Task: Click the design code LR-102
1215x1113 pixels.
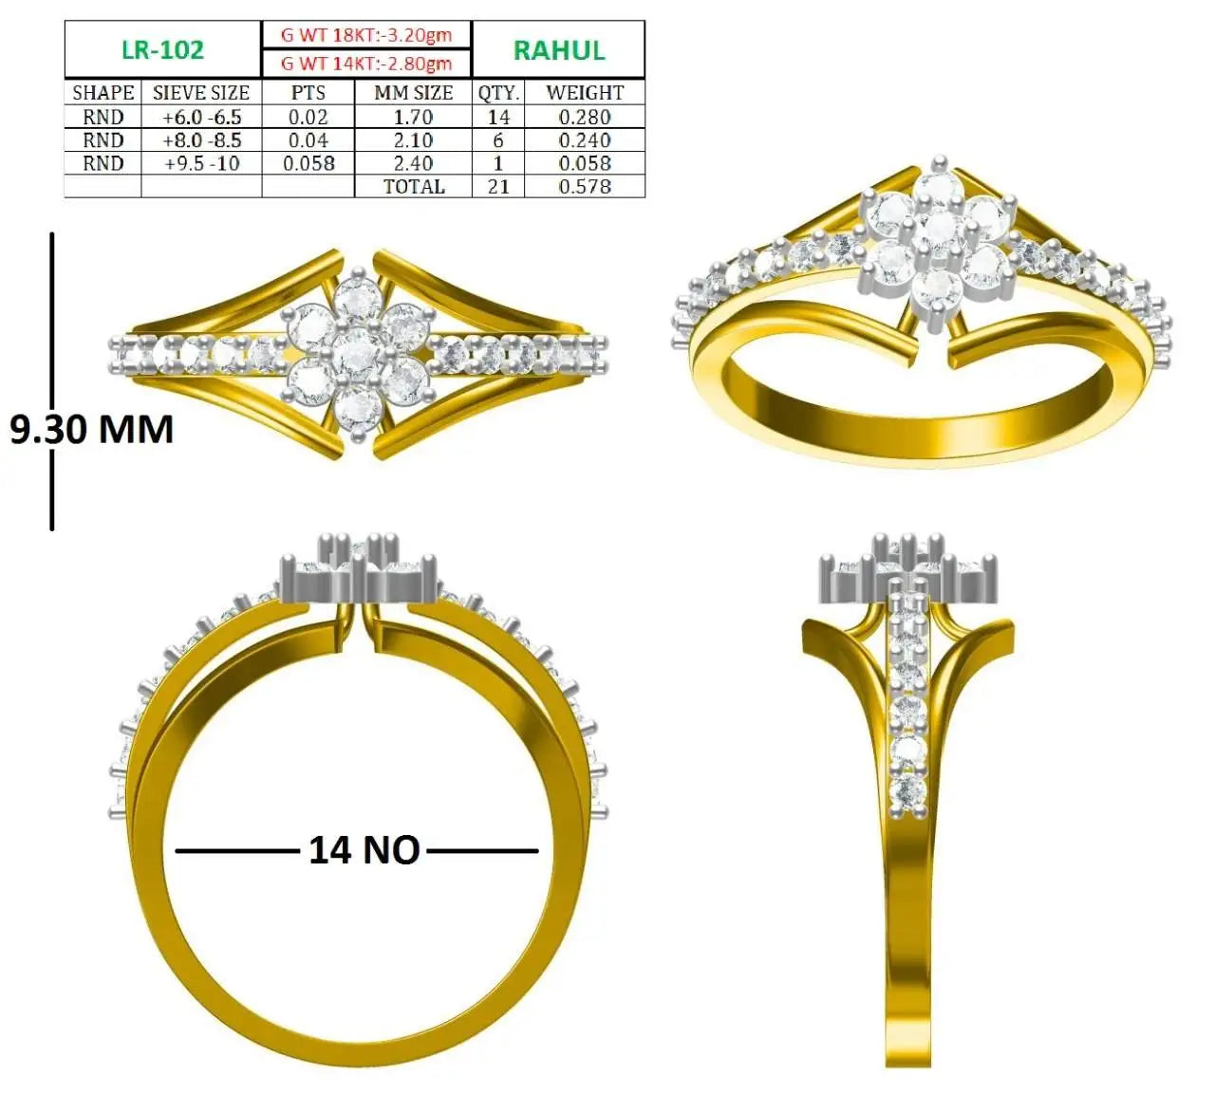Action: [x=162, y=49]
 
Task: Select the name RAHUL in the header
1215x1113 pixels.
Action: [x=558, y=50]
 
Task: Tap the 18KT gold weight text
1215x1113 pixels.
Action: [x=366, y=35]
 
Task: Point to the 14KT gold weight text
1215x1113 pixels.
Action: [x=366, y=63]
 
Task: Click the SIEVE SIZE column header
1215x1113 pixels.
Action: [x=201, y=93]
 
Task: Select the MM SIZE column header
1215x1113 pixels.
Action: [x=414, y=93]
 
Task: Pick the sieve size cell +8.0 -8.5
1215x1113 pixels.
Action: [x=201, y=140]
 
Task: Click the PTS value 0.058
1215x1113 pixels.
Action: [x=308, y=163]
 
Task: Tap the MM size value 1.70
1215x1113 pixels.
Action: [x=414, y=117]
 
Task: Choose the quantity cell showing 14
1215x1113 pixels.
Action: [x=498, y=117]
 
